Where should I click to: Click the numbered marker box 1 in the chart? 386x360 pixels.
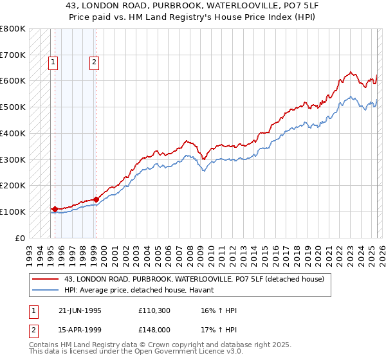(52, 62)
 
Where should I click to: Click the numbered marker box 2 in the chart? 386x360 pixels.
(94, 62)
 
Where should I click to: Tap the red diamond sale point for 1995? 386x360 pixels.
(55, 209)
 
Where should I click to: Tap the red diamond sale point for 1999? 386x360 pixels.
(96, 199)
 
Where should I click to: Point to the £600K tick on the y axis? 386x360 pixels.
(13, 81)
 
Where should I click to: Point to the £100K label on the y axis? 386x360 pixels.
(13, 212)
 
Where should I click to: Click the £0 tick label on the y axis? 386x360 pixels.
(19, 238)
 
